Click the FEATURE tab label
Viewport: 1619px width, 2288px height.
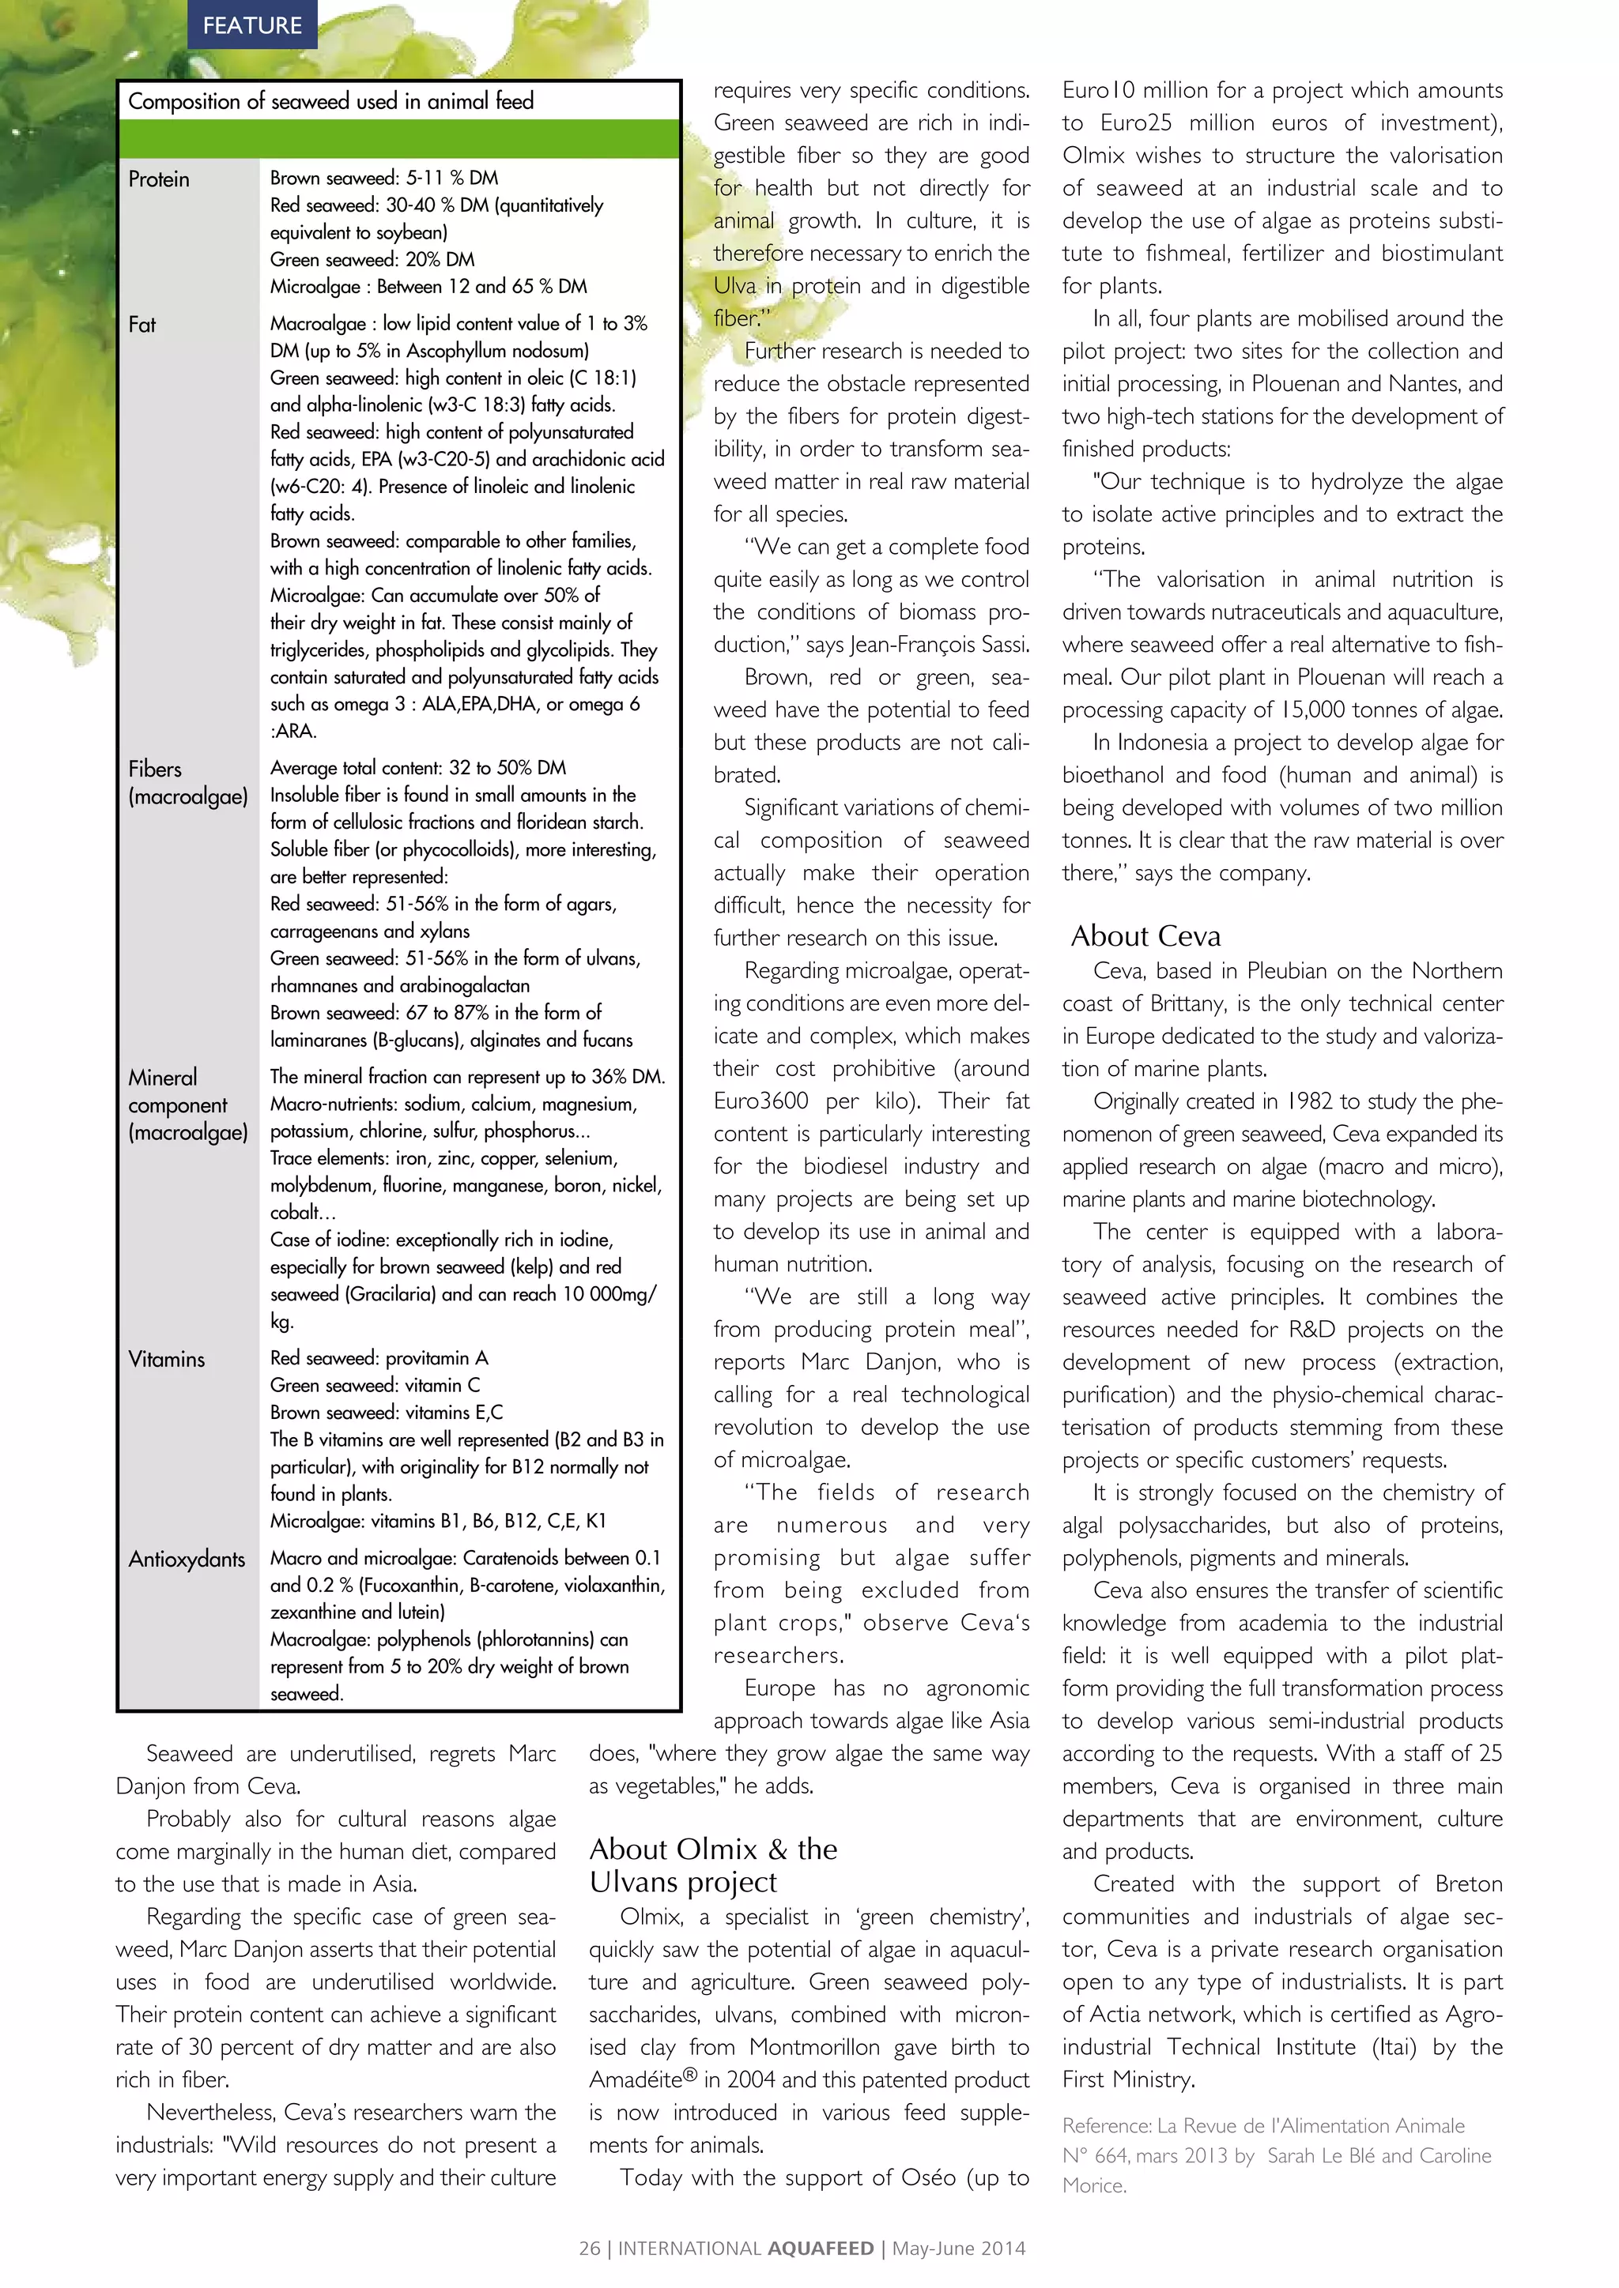(252, 25)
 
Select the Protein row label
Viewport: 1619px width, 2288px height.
(159, 179)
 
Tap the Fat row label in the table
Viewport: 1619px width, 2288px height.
(142, 324)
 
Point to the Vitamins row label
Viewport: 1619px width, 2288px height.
(167, 1359)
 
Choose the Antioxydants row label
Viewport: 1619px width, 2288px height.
(187, 1560)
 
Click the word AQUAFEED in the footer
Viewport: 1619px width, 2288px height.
(821, 2249)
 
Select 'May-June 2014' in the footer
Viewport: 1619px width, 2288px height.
(958, 2249)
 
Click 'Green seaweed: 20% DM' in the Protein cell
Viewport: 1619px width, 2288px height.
(372, 259)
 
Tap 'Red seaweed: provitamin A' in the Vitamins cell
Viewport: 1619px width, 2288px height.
(379, 1358)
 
